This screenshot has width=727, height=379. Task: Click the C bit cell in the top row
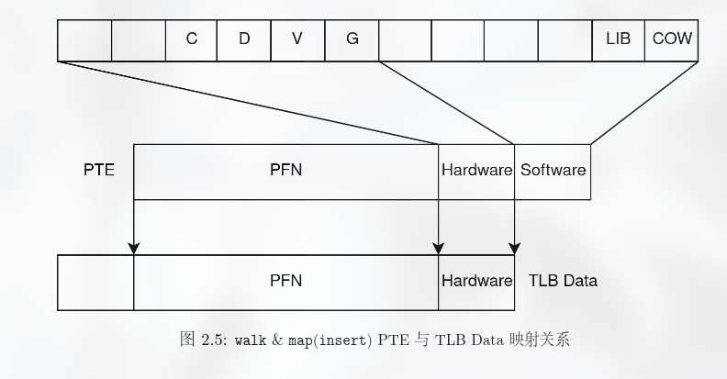(x=192, y=39)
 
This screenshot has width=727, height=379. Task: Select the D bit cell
(x=244, y=39)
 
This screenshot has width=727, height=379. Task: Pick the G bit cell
(x=352, y=39)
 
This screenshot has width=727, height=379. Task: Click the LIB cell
(x=618, y=39)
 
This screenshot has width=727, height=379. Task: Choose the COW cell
(x=672, y=39)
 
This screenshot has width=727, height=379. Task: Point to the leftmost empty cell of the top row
(x=84, y=39)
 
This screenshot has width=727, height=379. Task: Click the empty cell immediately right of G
(x=405, y=39)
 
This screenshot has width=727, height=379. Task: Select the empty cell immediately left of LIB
(x=565, y=39)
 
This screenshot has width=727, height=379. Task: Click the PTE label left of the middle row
(x=99, y=171)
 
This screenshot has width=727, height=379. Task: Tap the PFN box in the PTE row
(x=285, y=171)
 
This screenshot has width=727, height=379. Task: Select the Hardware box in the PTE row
(x=476, y=171)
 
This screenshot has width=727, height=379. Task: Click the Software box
(x=553, y=171)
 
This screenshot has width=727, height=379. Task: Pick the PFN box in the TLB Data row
(x=285, y=281)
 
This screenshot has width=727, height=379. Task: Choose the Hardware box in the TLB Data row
(x=476, y=281)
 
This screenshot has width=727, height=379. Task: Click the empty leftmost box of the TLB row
(x=95, y=281)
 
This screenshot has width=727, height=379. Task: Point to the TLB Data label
(x=563, y=281)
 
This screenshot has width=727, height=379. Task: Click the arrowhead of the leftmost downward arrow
(x=134, y=247)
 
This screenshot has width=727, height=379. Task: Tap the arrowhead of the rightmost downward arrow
(x=515, y=247)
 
